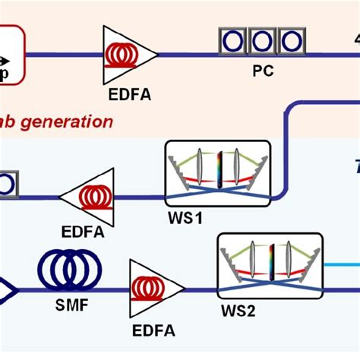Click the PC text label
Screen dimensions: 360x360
click(x=262, y=74)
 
